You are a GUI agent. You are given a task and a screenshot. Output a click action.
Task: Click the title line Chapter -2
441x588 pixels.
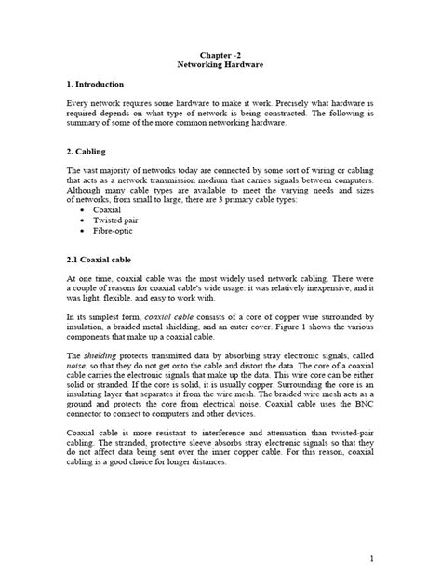pos(220,56)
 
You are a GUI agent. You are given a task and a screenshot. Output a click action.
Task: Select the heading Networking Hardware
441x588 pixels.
pos(220,67)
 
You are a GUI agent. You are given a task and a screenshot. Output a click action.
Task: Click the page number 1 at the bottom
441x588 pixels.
pos(369,558)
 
